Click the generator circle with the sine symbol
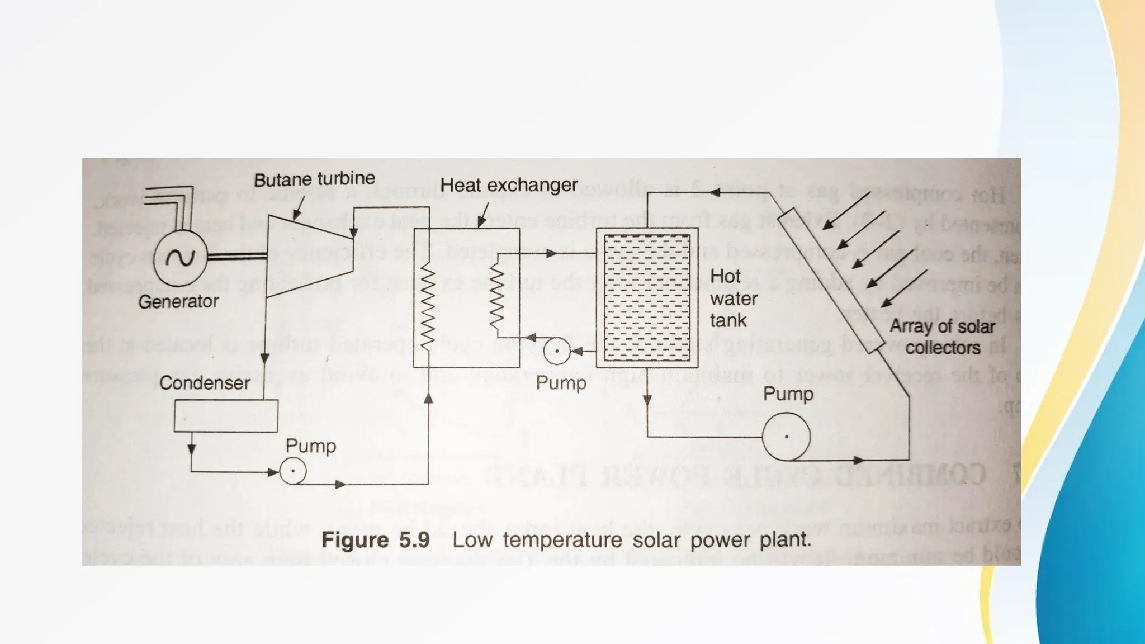(180, 258)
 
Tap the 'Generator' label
(178, 302)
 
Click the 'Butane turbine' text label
(314, 179)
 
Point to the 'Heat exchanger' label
(509, 185)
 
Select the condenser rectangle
(226, 415)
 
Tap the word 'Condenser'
(205, 383)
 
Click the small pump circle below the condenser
(292, 471)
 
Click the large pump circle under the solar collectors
(786, 437)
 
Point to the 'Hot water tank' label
(733, 299)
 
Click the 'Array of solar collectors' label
(942, 337)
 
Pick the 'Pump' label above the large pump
(788, 394)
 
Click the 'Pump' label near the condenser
(311, 446)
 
